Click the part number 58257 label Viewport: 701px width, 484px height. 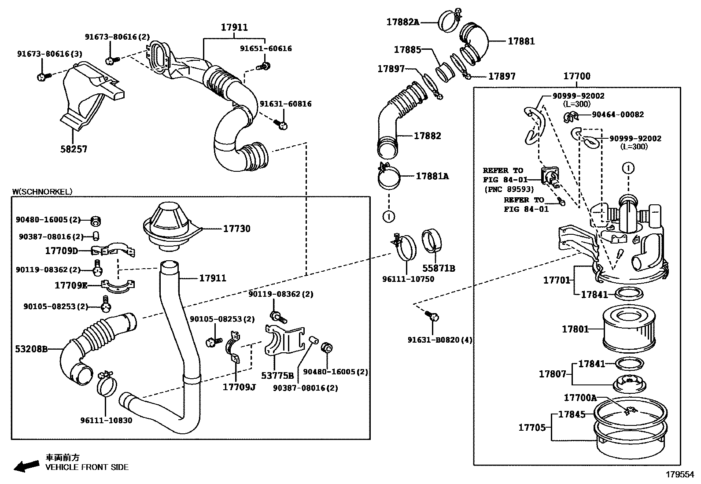pos(74,149)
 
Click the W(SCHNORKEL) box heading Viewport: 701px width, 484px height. pos(42,192)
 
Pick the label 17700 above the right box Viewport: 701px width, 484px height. pos(577,76)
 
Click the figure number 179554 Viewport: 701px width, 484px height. pos(679,475)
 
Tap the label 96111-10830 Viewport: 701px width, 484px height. pos(106,420)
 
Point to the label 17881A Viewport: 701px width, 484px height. pos(432,176)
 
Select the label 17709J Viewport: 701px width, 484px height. pos(239,387)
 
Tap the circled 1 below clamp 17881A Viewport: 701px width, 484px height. pos(388,216)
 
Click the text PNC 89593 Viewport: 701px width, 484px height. pos(509,189)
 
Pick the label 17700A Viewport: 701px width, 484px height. pos(580,398)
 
